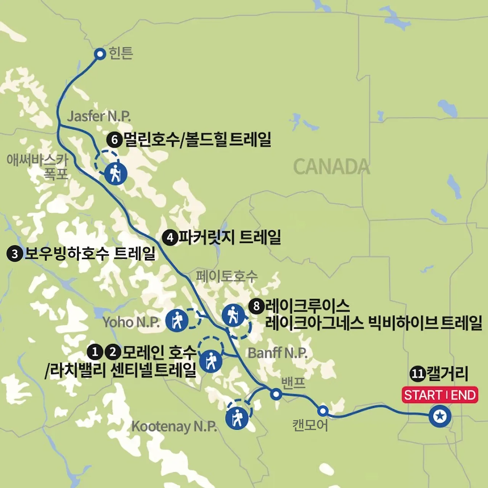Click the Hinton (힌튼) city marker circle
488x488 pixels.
click(x=100, y=54)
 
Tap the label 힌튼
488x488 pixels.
click(x=121, y=53)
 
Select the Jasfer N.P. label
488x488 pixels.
click(x=99, y=116)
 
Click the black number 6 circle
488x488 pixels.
click(x=114, y=140)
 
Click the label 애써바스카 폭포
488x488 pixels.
click(x=37, y=167)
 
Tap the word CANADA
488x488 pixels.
click(x=331, y=167)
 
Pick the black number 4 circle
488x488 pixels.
click(x=170, y=238)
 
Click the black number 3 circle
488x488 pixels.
click(x=14, y=254)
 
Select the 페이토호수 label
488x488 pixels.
click(x=227, y=276)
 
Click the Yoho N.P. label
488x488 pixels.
click(x=131, y=322)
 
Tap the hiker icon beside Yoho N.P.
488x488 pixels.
click(x=177, y=320)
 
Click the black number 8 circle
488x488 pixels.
click(x=256, y=306)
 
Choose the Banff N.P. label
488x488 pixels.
click(x=278, y=353)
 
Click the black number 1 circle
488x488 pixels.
click(x=95, y=352)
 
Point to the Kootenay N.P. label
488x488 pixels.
click(x=174, y=426)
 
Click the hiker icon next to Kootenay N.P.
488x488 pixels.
click(x=237, y=418)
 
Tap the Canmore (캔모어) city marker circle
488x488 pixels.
click(x=323, y=411)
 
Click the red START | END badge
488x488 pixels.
click(x=440, y=395)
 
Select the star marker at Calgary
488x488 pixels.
click(x=440, y=416)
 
